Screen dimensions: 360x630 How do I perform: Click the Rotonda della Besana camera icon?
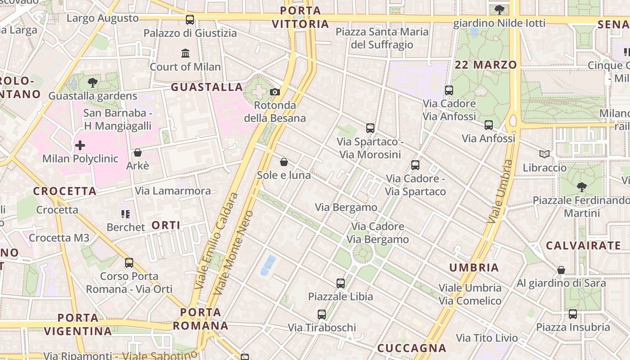coord(274,92)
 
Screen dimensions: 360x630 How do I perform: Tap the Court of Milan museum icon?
coord(185,54)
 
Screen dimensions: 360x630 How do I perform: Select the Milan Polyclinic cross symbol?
coord(80,145)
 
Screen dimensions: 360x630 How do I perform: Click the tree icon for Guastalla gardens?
coord(93,82)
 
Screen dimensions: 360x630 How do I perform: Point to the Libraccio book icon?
coord(544,154)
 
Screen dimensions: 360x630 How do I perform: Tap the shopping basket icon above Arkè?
coord(138,153)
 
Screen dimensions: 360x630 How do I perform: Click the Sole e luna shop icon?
coord(284,162)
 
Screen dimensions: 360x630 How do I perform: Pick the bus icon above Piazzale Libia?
coord(341,283)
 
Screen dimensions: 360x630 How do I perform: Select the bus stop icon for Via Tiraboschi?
coord(322,315)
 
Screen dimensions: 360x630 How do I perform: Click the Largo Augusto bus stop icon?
coord(190,20)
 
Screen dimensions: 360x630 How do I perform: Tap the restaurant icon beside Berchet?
coord(126,214)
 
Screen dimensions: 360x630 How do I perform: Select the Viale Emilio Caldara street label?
coord(216,241)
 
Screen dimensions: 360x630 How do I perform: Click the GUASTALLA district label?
coord(207,87)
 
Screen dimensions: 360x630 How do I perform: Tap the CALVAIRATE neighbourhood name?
coord(583,246)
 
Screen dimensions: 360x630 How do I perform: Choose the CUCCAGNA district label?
coord(412,348)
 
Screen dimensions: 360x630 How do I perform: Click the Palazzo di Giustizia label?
coord(190,33)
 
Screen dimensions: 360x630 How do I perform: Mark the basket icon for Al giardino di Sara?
coord(561,270)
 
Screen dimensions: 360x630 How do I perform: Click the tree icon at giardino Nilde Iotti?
coord(499,10)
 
